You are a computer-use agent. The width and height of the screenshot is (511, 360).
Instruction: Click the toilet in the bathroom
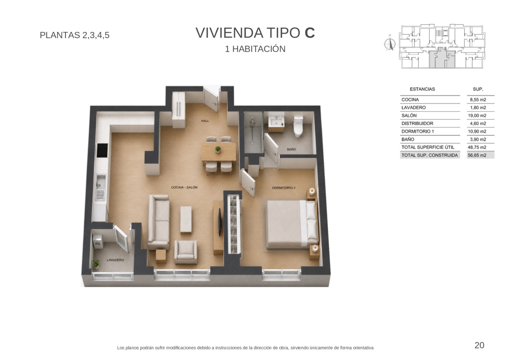pos(298,126)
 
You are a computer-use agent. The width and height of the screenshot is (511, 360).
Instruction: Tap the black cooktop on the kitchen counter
pos(102,150)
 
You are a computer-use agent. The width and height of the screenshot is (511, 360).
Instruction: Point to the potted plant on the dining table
pos(218,149)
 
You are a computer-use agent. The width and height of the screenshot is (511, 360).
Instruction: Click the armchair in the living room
pos(186,252)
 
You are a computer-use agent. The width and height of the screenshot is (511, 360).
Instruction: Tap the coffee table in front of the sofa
pos(186,220)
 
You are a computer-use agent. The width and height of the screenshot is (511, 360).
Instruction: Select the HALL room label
pos(205,121)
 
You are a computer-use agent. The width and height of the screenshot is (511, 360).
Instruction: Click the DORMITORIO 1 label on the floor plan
pos(283,188)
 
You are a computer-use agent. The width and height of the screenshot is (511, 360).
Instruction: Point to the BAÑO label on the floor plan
pos(291,149)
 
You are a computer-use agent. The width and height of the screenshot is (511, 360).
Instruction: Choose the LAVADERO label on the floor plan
pos(115,260)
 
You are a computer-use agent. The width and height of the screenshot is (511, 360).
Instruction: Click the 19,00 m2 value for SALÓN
pos(477,116)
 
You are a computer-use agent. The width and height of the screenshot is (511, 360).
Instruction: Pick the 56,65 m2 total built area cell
pos(477,155)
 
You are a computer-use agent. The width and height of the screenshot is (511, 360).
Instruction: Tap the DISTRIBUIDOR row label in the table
pos(417,124)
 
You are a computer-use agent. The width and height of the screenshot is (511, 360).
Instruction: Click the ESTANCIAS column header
pos(422,89)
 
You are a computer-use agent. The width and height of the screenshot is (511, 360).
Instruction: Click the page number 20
pos(479,345)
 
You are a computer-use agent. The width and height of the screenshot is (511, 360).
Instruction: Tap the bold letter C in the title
pos(310,33)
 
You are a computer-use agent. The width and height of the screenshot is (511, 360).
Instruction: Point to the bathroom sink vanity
pos(276,122)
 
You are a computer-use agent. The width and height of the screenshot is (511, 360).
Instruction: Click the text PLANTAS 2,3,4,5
pos(74,35)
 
